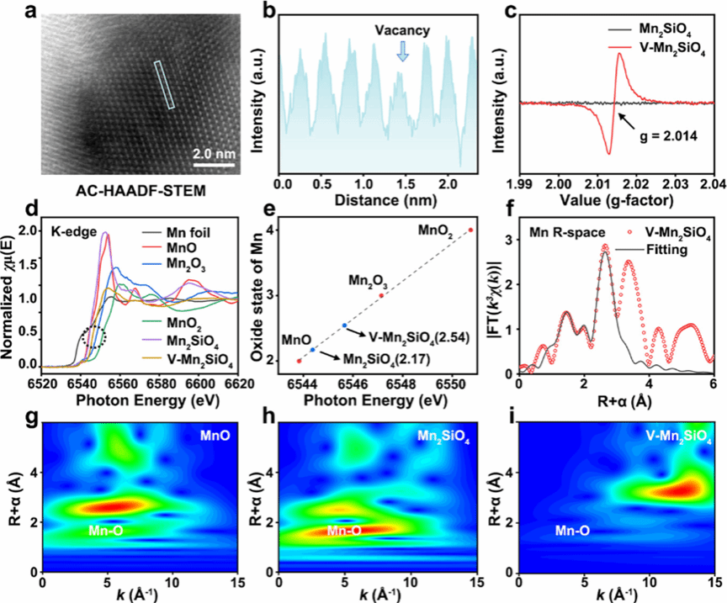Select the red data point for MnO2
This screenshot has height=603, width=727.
470,230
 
